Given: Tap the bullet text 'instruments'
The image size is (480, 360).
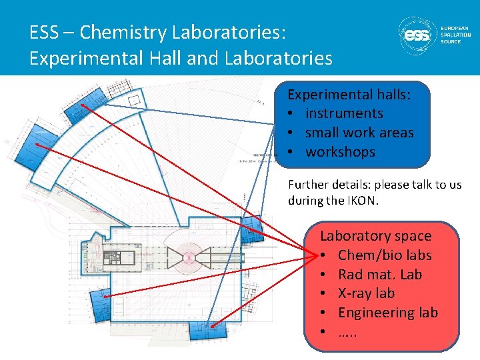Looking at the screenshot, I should (344, 113).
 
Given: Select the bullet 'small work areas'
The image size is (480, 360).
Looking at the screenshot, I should (359, 133).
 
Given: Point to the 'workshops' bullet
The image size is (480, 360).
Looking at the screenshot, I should (340, 152).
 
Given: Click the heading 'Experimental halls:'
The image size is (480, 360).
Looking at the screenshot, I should (349, 95).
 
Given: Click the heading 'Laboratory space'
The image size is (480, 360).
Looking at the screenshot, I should (375, 236).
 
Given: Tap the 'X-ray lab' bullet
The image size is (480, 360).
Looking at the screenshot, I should (366, 293).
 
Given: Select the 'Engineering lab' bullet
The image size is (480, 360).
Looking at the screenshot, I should (387, 313).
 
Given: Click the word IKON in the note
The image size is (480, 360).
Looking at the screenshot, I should (360, 200).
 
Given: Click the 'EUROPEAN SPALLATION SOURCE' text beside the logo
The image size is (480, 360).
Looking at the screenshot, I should (455, 35).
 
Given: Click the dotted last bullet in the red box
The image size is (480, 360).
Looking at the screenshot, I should (347, 331).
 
